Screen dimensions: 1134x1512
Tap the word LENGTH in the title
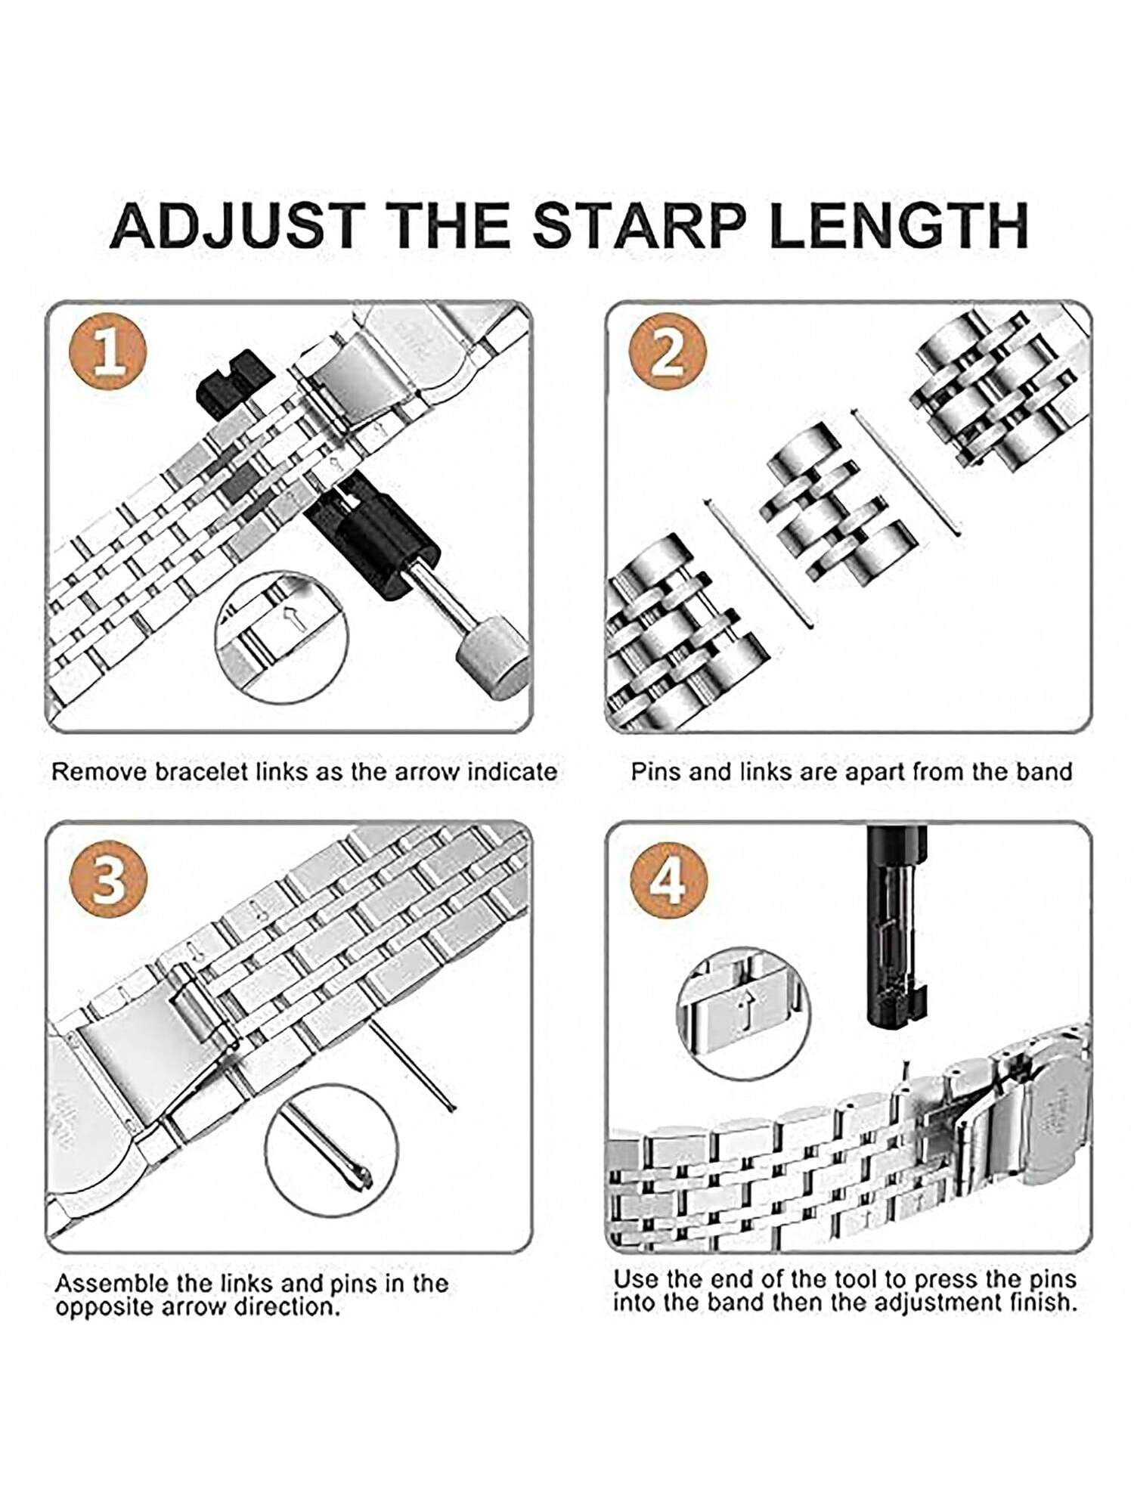(898, 225)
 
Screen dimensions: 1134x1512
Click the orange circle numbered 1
(108, 352)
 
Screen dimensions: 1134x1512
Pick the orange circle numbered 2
(668, 352)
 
